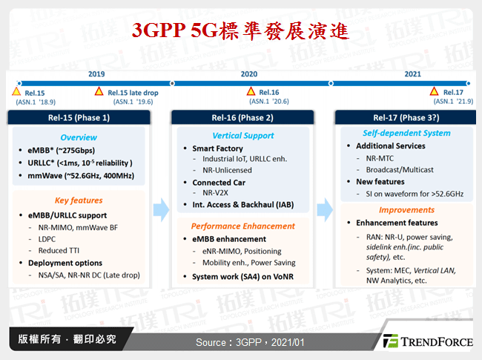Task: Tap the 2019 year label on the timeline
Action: (96, 74)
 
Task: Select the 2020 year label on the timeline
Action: (248, 74)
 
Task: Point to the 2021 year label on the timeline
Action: (412, 74)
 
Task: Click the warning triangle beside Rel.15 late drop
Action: (99, 92)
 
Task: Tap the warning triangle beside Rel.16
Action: (251, 92)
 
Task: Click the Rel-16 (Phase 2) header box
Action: (242, 117)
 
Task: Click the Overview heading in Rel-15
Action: (79, 137)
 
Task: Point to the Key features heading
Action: (79, 200)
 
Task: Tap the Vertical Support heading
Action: (242, 136)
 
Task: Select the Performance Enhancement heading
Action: (242, 226)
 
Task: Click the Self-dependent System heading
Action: (406, 133)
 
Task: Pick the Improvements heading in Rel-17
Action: (406, 210)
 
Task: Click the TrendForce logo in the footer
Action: (426, 341)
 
